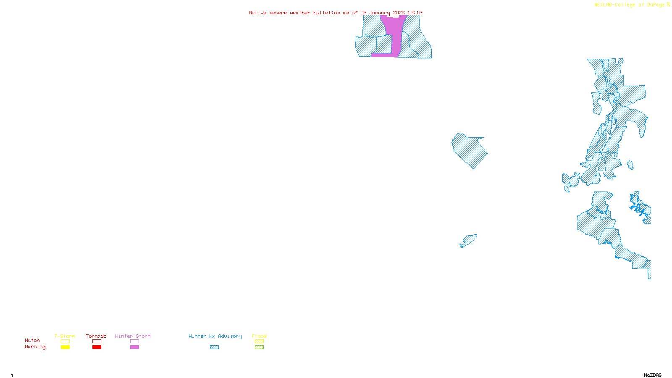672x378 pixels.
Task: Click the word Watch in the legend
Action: tap(32, 341)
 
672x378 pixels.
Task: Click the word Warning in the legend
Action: tap(35, 347)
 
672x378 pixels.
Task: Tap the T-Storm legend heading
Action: tap(65, 336)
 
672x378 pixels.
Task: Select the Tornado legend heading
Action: tap(96, 336)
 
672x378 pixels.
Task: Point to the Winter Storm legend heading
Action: tap(133, 336)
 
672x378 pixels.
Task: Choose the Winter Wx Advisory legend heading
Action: tap(215, 336)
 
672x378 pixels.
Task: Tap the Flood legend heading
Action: tap(259, 336)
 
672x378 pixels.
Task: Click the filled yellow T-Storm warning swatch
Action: tap(65, 347)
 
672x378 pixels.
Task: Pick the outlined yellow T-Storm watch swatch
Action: tap(65, 341)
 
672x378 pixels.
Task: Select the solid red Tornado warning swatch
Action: tap(97, 347)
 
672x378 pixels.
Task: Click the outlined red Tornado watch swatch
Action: tap(97, 341)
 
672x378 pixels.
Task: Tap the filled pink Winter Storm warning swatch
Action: tap(134, 347)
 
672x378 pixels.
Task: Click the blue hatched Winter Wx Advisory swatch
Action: tap(214, 347)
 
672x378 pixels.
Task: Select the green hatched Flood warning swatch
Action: tap(259, 347)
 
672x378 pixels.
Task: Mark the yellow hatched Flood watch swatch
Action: tap(259, 341)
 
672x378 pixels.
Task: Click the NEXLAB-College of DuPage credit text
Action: tap(630, 5)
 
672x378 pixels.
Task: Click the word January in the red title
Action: tap(380, 13)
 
